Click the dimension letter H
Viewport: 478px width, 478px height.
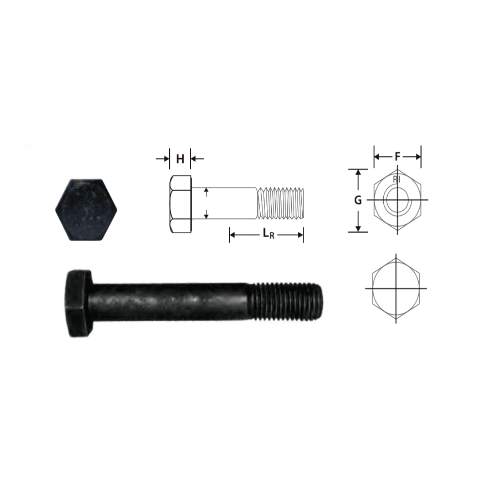[x=180, y=159]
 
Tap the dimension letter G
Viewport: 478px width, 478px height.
[x=358, y=200]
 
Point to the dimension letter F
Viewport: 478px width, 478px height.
[x=397, y=156]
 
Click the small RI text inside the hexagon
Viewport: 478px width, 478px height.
[x=397, y=179]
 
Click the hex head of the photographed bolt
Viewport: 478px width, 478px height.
[x=79, y=303]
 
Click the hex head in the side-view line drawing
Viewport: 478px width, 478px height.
[x=180, y=204]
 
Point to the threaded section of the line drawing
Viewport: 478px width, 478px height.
[x=281, y=203]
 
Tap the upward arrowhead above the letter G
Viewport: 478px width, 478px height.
[x=358, y=173]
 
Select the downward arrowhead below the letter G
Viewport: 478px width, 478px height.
[x=358, y=228]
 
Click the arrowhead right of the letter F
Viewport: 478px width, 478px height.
[x=417, y=156]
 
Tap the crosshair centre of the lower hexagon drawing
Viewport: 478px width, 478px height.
[x=396, y=289]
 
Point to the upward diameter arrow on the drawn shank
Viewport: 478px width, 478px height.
[x=206, y=191]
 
